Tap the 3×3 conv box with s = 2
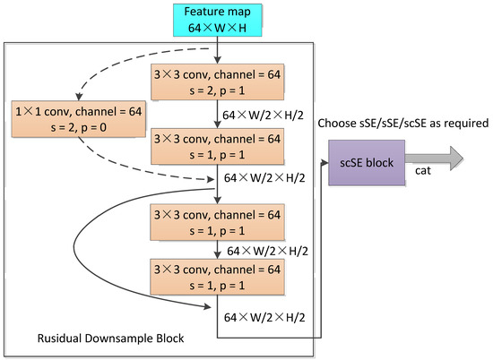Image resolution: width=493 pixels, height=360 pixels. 219,83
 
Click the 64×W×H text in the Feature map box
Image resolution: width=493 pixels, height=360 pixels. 219,30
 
